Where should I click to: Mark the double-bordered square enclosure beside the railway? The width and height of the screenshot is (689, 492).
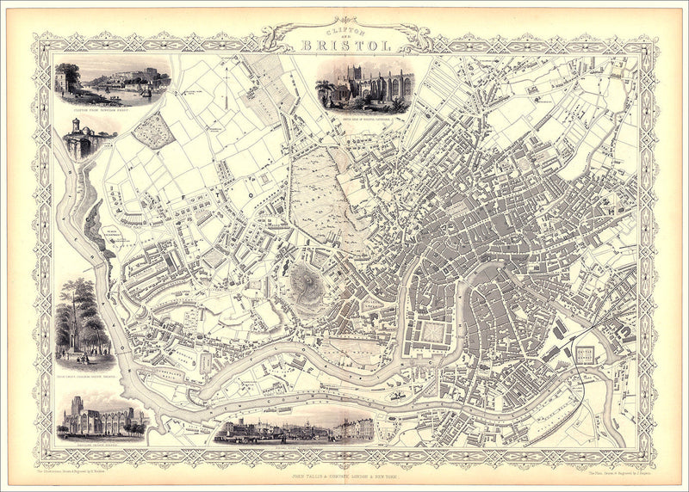tap(586, 354)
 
